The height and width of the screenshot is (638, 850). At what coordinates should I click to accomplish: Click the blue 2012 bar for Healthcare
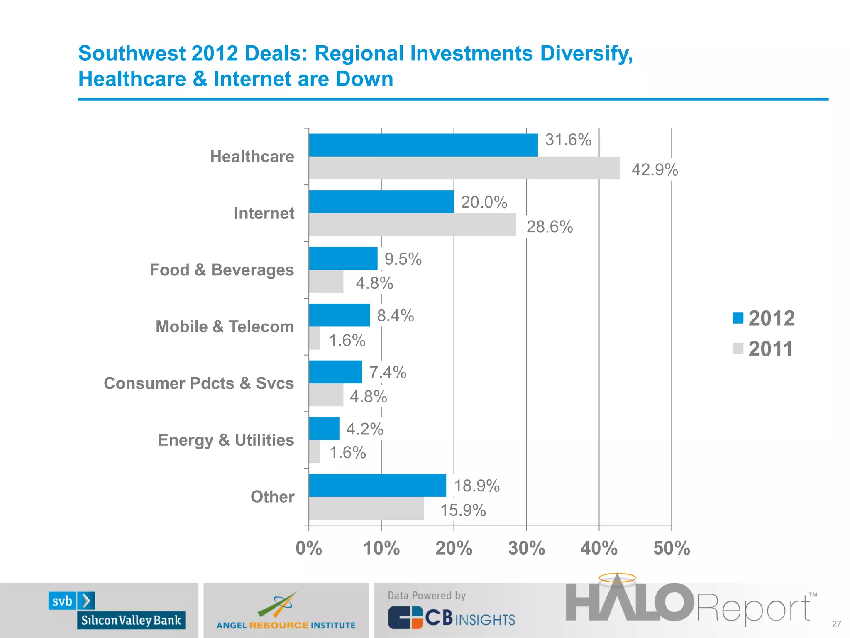pyautogui.click(x=423, y=145)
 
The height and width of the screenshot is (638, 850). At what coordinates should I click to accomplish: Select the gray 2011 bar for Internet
pyautogui.click(x=412, y=225)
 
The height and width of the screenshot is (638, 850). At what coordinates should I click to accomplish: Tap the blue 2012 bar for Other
pyautogui.click(x=377, y=485)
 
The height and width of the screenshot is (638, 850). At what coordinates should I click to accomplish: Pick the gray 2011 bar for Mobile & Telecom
pyautogui.click(x=315, y=338)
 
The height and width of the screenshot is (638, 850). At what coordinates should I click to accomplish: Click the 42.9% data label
pyautogui.click(x=655, y=170)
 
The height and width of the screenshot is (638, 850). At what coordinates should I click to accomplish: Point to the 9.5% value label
pyautogui.click(x=403, y=259)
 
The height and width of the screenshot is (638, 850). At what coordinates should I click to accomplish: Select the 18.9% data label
pyautogui.click(x=476, y=486)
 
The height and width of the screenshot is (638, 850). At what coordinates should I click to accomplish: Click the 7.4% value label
pyautogui.click(x=388, y=372)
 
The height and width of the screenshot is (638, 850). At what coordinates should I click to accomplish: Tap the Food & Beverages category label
pyautogui.click(x=222, y=270)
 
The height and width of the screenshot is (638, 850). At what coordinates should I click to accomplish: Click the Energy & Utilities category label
pyautogui.click(x=226, y=440)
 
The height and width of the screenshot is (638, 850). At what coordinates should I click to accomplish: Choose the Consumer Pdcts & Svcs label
pyautogui.click(x=199, y=383)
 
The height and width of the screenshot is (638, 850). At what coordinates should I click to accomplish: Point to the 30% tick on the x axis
pyautogui.click(x=526, y=548)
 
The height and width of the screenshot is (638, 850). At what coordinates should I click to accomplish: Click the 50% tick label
pyautogui.click(x=671, y=548)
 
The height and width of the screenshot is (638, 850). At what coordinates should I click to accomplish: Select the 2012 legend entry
pyautogui.click(x=764, y=319)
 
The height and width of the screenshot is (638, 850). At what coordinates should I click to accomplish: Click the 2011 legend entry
pyautogui.click(x=763, y=349)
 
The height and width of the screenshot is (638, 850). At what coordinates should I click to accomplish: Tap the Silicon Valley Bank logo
pyautogui.click(x=117, y=610)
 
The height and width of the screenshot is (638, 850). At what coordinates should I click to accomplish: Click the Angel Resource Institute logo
pyautogui.click(x=286, y=611)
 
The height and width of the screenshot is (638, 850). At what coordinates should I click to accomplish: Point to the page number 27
pyautogui.click(x=836, y=624)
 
